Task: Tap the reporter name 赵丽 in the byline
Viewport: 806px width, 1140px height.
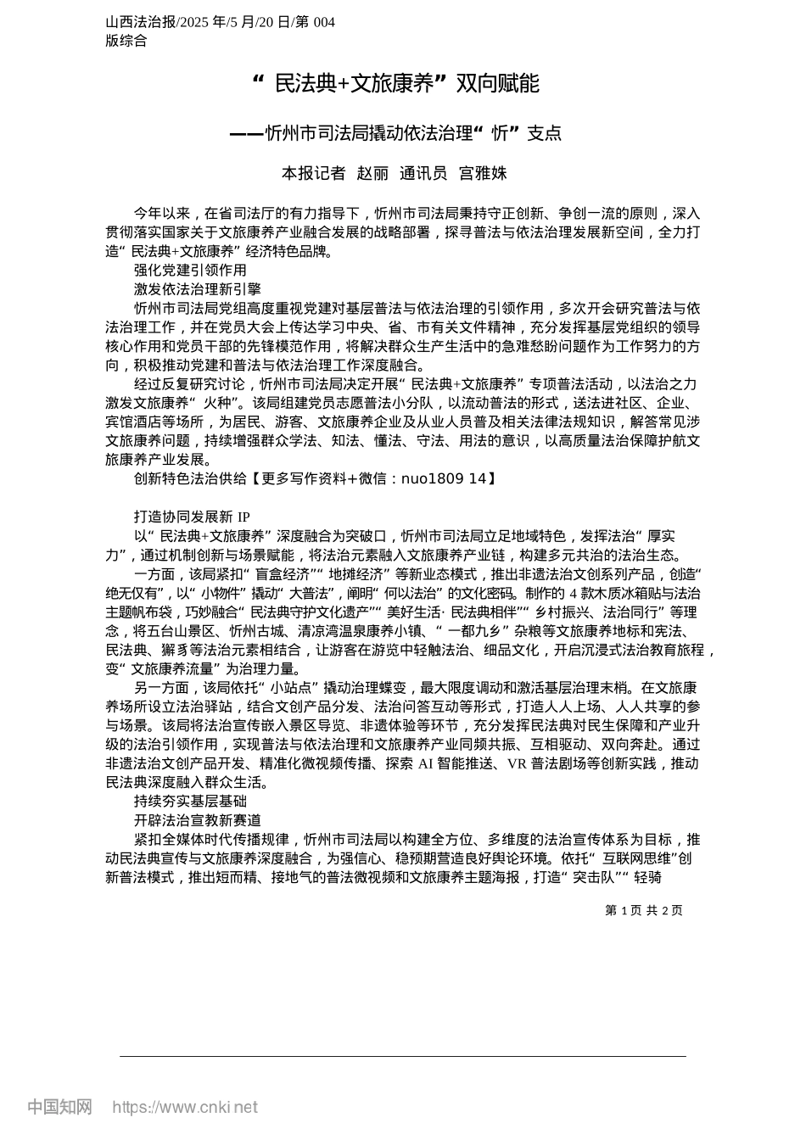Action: (x=373, y=173)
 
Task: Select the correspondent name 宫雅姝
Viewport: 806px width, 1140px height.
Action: (x=483, y=173)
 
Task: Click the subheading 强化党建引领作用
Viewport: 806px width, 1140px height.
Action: (x=190, y=270)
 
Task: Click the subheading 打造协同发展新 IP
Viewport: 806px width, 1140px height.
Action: (x=192, y=517)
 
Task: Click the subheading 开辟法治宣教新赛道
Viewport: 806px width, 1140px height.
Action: (x=198, y=820)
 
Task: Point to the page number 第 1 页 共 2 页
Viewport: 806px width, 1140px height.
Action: (x=644, y=910)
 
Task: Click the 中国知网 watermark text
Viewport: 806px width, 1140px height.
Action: (x=59, y=1107)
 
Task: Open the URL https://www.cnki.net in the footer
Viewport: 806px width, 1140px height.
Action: (x=185, y=1107)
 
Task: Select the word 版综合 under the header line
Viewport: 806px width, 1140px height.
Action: (x=126, y=41)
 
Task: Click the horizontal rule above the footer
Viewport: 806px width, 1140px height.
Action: (x=403, y=1056)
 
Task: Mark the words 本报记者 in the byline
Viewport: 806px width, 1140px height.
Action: (x=313, y=173)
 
